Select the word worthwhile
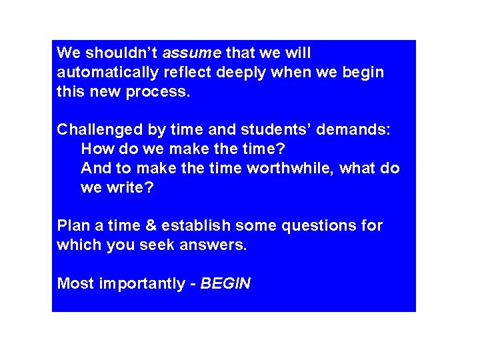[x=291, y=168]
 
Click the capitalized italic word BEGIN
[x=225, y=284]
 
